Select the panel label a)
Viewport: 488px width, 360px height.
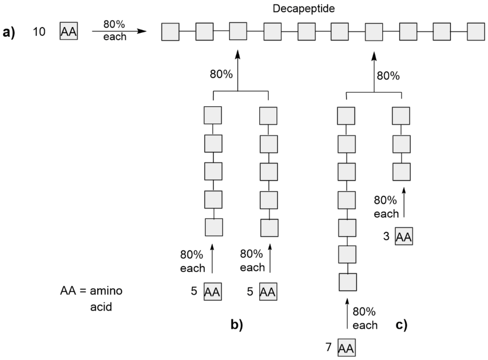(10, 32)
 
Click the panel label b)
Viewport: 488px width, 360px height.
(236, 325)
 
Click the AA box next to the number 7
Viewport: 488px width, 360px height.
(347, 348)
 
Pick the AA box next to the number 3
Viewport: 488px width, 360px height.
(404, 236)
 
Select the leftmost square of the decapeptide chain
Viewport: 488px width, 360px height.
(170, 32)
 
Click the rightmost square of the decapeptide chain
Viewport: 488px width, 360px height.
(476, 32)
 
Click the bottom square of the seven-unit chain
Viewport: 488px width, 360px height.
(347, 282)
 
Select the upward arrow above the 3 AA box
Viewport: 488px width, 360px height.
(405, 202)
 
